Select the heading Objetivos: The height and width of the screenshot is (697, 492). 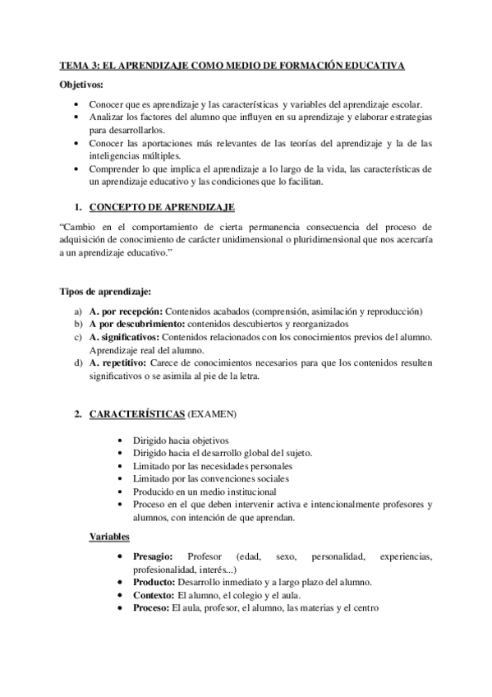point(86,85)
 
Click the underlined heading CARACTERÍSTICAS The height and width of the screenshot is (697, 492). point(136,413)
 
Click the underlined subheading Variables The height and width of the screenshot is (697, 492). point(109,538)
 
